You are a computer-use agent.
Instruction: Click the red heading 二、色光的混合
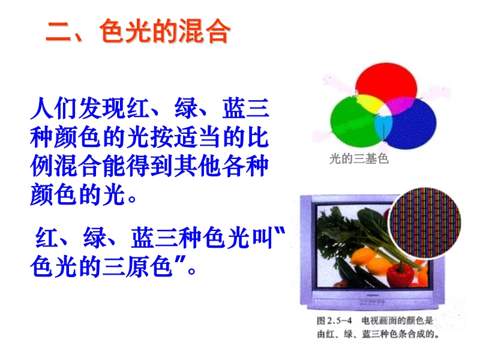pyautogui.click(x=138, y=31)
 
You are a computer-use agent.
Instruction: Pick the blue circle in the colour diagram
pyautogui.click(x=412, y=125)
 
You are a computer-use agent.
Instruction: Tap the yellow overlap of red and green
pyautogui.click(x=369, y=103)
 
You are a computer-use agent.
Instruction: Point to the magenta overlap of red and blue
pyautogui.click(x=400, y=105)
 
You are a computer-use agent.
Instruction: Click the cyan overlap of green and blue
pyautogui.click(x=383, y=127)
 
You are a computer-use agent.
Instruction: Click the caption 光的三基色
pyautogui.click(x=359, y=159)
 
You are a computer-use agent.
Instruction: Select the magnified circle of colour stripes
pyautogui.click(x=424, y=223)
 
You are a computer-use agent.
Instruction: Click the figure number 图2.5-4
pyautogui.click(x=334, y=321)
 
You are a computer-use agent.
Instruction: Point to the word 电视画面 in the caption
pyautogui.click(x=379, y=321)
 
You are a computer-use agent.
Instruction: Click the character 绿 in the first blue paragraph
pyautogui.click(x=186, y=108)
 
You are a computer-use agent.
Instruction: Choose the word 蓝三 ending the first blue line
pyautogui.click(x=245, y=108)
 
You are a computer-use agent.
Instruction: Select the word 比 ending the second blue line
pyautogui.click(x=258, y=137)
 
